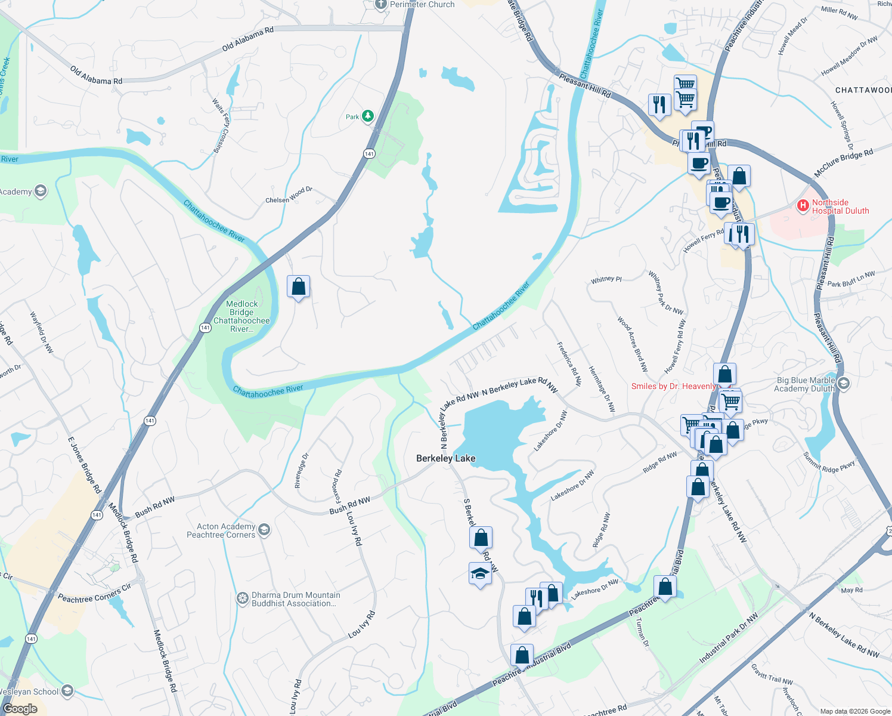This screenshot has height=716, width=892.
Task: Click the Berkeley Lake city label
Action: (x=445, y=458)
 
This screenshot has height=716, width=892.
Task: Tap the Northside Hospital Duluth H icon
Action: (x=803, y=206)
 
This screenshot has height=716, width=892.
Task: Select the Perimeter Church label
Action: (x=422, y=5)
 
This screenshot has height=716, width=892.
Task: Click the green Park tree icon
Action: (x=368, y=116)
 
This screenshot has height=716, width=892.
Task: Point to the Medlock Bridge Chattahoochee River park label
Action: (x=241, y=316)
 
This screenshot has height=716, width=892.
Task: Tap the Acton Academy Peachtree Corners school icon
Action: (x=264, y=529)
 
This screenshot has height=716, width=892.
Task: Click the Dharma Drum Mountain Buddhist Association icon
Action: (x=242, y=598)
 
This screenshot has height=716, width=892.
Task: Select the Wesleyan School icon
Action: (x=67, y=691)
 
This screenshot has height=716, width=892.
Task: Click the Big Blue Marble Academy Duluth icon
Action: (x=843, y=383)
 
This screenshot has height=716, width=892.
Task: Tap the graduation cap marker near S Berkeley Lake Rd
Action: (x=480, y=574)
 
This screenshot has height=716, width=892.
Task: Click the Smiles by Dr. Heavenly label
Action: (x=673, y=387)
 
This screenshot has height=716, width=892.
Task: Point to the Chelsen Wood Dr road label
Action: (x=289, y=195)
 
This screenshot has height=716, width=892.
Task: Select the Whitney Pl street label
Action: (x=606, y=279)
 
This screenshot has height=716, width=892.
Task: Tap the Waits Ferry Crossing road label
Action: (x=221, y=126)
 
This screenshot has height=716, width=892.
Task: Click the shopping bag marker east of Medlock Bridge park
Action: (x=298, y=287)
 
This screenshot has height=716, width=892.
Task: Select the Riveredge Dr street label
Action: (x=302, y=471)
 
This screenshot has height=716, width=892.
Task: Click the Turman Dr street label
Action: (x=642, y=632)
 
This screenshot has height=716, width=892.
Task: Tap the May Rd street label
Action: (x=851, y=590)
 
